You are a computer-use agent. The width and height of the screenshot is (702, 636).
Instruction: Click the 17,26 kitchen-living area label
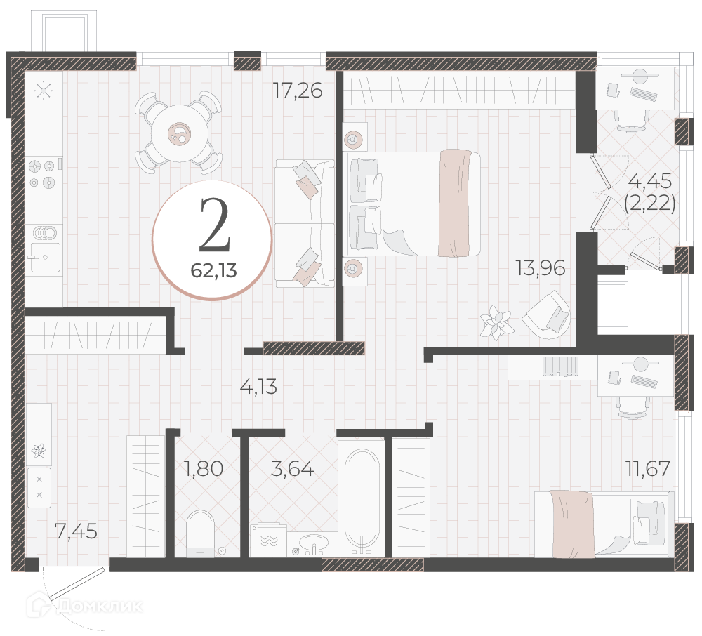[x=298, y=91]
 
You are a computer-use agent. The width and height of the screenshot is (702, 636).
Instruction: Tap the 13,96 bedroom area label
[x=541, y=267]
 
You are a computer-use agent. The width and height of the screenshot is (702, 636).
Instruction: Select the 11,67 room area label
[x=648, y=469]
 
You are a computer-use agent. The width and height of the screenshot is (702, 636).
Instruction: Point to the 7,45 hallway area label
[x=76, y=531]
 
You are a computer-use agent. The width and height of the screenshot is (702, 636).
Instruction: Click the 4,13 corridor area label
[x=259, y=386]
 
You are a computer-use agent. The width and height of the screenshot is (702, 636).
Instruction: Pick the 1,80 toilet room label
[x=204, y=469]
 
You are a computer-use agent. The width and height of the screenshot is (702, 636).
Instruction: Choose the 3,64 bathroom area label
[x=293, y=469]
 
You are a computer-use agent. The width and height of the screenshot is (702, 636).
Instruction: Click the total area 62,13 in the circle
[x=213, y=270]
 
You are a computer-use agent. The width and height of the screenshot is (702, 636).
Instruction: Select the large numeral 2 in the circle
[x=215, y=225]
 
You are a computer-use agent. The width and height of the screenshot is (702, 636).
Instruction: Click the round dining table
[x=180, y=133]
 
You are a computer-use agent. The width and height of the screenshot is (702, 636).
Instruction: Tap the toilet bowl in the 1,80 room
[x=200, y=534]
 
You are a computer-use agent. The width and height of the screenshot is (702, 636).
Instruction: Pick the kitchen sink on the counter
[x=45, y=257]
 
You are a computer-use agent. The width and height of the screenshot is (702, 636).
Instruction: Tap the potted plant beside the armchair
[x=496, y=322]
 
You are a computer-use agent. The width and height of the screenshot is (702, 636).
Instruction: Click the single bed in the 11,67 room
[x=604, y=524]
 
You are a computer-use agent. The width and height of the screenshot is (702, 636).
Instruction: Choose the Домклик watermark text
[x=102, y=606]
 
